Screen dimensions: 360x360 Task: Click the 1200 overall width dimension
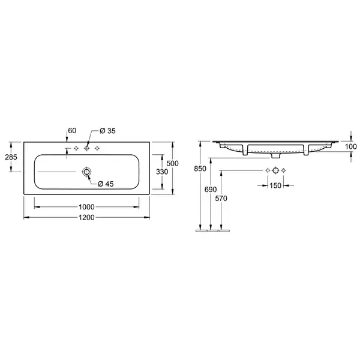coord(86,217)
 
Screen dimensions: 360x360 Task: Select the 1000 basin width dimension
coord(86,207)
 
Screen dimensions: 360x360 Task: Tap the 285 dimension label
coord(11,157)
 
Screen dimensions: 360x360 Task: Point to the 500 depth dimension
coord(172,163)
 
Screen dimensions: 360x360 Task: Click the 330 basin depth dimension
coord(162,172)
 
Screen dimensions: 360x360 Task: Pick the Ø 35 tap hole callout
coord(107,131)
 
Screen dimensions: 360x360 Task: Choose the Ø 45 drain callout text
coord(106,184)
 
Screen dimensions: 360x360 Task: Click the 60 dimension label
coord(72,130)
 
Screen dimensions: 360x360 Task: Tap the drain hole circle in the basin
coord(86,172)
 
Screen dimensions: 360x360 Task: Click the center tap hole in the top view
coord(86,148)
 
